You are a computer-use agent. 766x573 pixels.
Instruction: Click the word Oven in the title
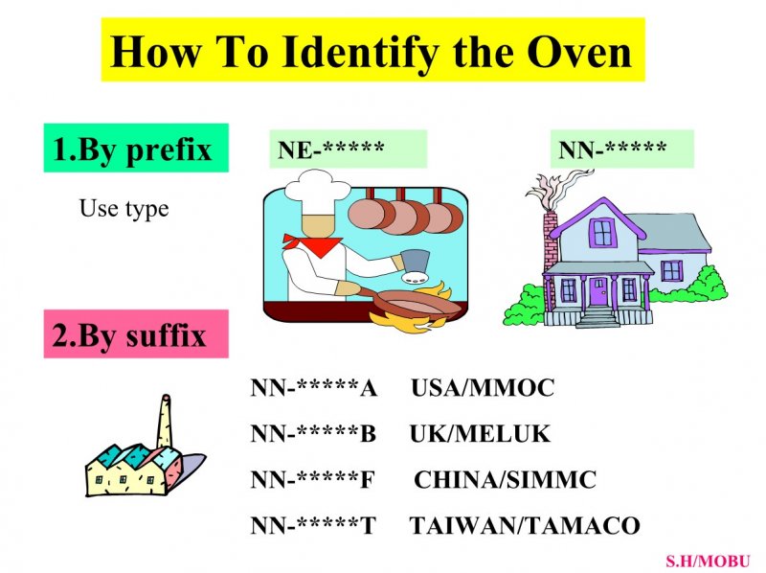[579, 52]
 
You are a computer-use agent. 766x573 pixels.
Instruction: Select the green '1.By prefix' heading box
[136, 148]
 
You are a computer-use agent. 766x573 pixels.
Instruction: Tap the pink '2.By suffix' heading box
[136, 333]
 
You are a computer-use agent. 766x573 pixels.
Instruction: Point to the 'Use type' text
[124, 209]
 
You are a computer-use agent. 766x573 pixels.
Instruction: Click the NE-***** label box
[348, 149]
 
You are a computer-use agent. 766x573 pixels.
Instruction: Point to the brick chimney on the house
[550, 242]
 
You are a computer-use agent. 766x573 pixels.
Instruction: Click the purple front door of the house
[597, 292]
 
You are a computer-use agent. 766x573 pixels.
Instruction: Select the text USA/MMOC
[483, 388]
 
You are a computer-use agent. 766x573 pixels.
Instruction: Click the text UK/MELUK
[480, 434]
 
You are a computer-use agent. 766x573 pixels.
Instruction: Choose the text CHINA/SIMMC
[506, 480]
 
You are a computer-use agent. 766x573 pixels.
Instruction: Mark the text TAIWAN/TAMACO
[525, 526]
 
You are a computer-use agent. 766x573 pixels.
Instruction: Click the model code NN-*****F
[313, 480]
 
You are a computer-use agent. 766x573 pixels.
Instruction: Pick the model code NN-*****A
[314, 388]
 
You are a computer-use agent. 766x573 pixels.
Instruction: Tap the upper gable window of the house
[603, 232]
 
